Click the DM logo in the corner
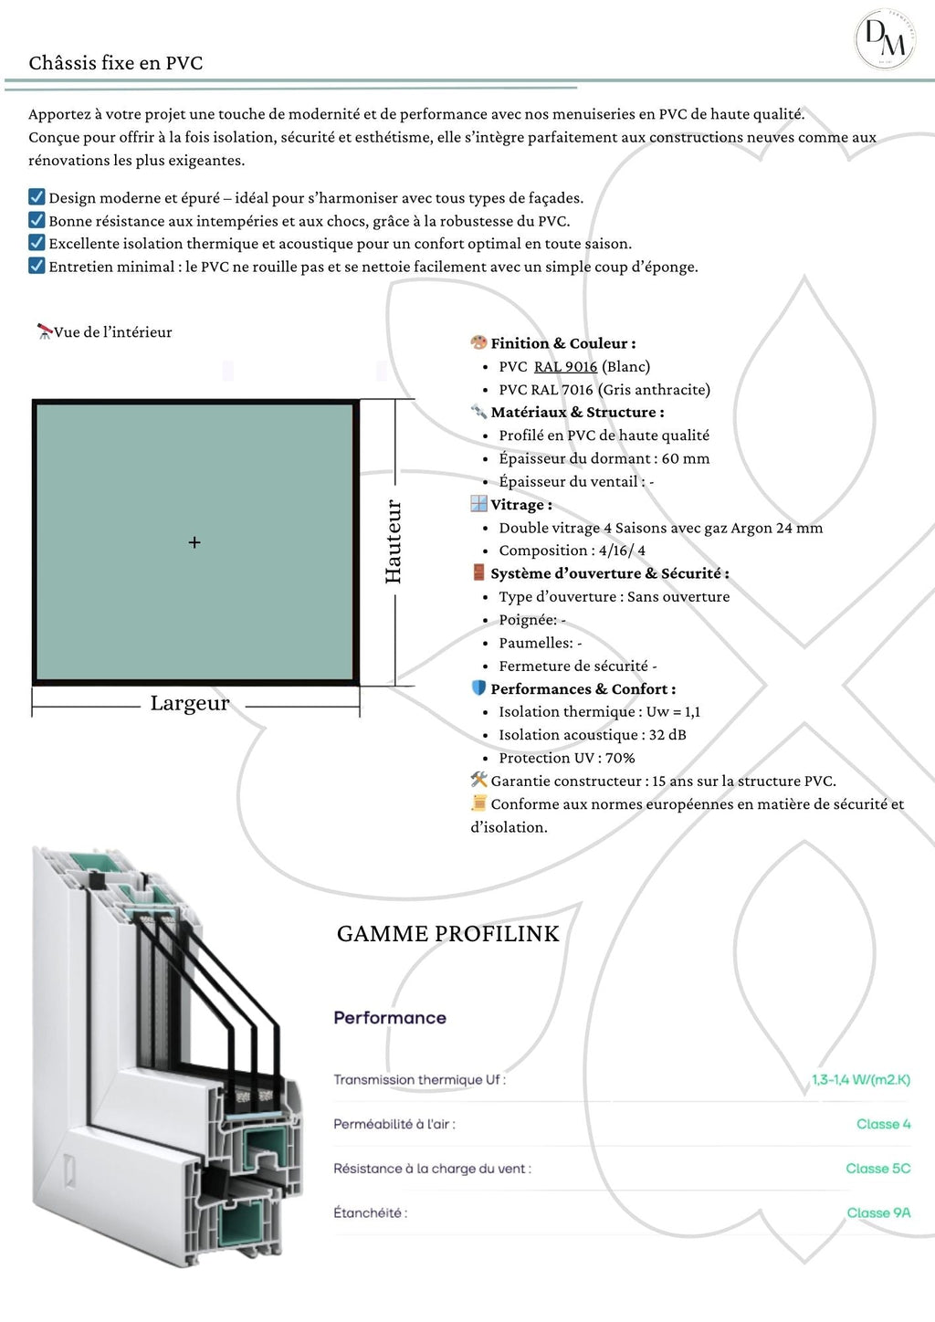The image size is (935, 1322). coord(885,40)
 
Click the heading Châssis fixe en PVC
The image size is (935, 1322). coord(116,63)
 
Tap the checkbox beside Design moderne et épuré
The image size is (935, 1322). coord(37,197)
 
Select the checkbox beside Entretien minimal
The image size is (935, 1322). coord(37,266)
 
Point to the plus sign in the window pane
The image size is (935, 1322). coord(194,542)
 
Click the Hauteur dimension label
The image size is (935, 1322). coord(394,541)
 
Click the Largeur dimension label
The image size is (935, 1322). coord(190,703)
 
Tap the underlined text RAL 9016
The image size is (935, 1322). coord(565,366)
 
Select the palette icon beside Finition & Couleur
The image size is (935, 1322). coord(478,342)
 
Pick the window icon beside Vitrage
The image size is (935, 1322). coord(478,504)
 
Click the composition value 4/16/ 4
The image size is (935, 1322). coord(622,551)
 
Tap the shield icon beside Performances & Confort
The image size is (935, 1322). coord(478,688)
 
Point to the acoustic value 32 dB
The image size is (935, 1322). coord(667,735)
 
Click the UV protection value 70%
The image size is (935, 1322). coord(619,758)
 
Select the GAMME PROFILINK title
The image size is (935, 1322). coord(447,934)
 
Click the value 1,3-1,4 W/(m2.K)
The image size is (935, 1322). coord(860,1080)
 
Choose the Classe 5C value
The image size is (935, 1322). coord(877,1169)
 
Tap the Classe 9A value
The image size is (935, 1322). coord(878,1212)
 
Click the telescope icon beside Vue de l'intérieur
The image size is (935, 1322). coord(44,331)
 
